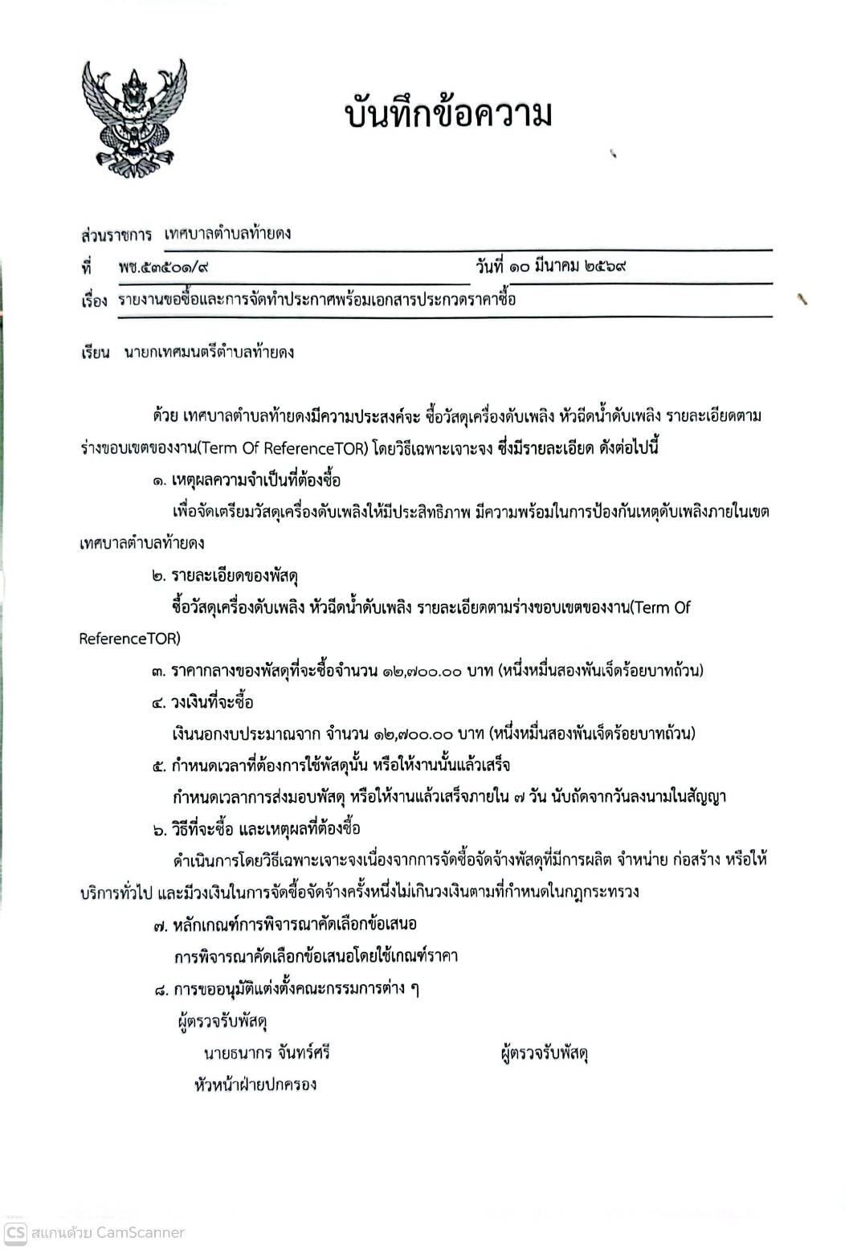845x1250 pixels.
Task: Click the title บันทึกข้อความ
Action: pyautogui.click(x=448, y=114)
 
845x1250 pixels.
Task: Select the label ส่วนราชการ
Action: pyautogui.click(x=116, y=235)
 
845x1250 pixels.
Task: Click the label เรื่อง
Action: pyautogui.click(x=93, y=301)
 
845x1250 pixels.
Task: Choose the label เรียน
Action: pyautogui.click(x=95, y=352)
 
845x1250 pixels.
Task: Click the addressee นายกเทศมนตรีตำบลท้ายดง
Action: pyautogui.click(x=209, y=352)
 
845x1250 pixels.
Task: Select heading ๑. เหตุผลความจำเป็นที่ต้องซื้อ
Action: pyautogui.click(x=246, y=480)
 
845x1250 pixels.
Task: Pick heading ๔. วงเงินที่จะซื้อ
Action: pyautogui.click(x=202, y=702)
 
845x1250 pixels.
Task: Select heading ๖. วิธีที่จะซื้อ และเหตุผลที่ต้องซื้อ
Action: pyautogui.click(x=256, y=829)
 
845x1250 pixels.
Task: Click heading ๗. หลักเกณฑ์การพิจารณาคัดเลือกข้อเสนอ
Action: pyautogui.click(x=285, y=924)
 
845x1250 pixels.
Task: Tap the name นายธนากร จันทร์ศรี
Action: pyautogui.click(x=267, y=1052)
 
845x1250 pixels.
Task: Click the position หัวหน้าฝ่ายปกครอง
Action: pyautogui.click(x=255, y=1085)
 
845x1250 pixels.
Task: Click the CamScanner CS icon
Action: pyautogui.click(x=15, y=1232)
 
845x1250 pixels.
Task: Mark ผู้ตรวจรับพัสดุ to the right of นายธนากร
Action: pyautogui.click(x=544, y=1053)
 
